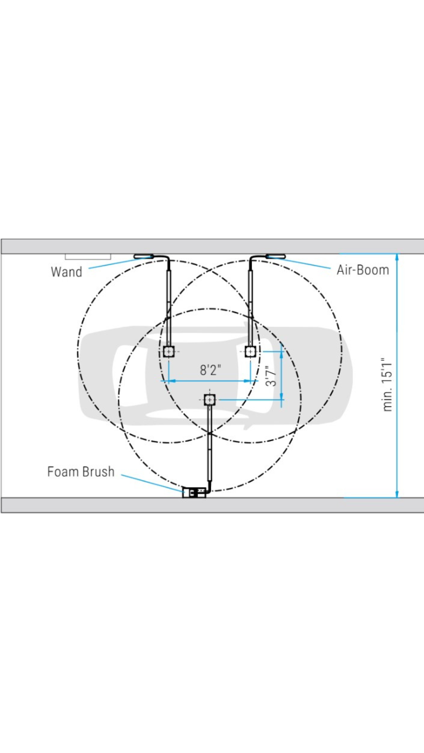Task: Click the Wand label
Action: pyautogui.click(x=66, y=272)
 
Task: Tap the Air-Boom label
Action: pyautogui.click(x=363, y=270)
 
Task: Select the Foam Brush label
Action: pyautogui.click(x=81, y=471)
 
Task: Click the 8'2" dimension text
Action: pyautogui.click(x=210, y=370)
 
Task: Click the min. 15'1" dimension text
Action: pyautogui.click(x=387, y=384)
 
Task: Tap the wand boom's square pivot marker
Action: pyautogui.click(x=169, y=351)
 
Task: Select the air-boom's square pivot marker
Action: pyautogui.click(x=250, y=351)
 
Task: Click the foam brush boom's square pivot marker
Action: pyautogui.click(x=210, y=400)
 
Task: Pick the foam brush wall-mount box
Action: pyautogui.click(x=194, y=492)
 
